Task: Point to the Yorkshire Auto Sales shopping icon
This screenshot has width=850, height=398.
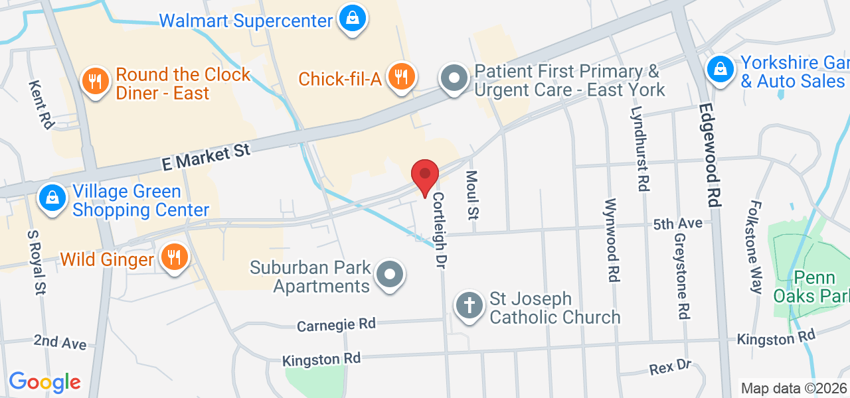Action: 719,68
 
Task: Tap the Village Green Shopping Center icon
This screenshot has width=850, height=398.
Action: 52,198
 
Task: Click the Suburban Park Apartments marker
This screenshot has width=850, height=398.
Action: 390,274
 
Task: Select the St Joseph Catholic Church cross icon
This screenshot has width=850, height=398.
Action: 469,305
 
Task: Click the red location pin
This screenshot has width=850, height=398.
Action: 425,177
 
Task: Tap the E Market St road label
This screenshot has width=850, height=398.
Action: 207,157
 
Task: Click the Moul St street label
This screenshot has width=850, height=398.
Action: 472,195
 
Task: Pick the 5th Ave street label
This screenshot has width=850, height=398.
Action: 677,224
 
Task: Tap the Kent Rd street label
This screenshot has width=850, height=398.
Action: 41,104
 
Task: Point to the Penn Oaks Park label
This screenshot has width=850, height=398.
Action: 812,287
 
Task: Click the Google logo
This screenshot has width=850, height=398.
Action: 44,382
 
